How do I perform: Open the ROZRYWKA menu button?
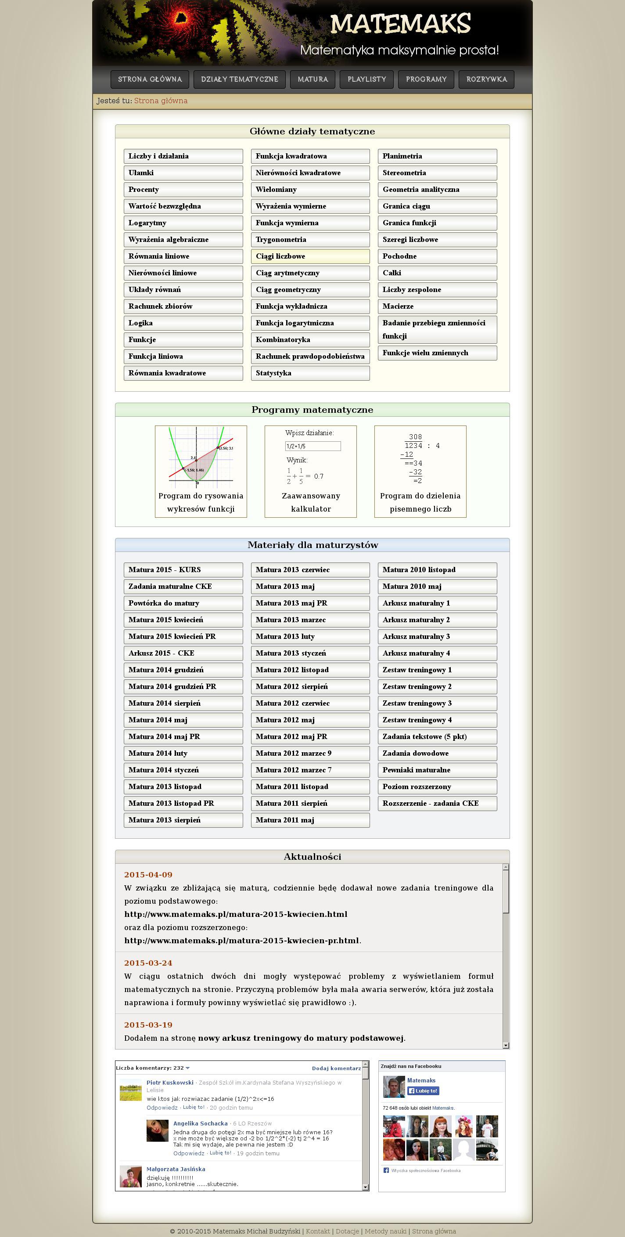pyautogui.click(x=486, y=79)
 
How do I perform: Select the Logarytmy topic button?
pyautogui.click(x=183, y=223)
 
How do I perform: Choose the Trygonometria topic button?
pyautogui.click(x=310, y=240)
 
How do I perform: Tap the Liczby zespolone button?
pyautogui.click(x=437, y=289)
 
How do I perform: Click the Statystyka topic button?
pyautogui.click(x=310, y=373)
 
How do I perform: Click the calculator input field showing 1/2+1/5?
pyautogui.click(x=312, y=446)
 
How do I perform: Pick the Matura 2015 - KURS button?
pyautogui.click(x=183, y=570)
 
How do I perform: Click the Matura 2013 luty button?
pyautogui.click(x=310, y=636)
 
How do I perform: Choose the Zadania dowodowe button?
pyautogui.click(x=437, y=753)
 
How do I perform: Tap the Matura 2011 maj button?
pyautogui.click(x=310, y=820)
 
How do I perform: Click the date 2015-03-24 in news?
pyautogui.click(x=148, y=963)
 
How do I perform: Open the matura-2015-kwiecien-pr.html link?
pyautogui.click(x=241, y=940)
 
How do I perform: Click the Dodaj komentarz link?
pyautogui.click(x=336, y=1068)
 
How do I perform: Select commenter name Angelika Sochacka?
pyautogui.click(x=200, y=1123)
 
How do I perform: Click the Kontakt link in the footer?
pyautogui.click(x=318, y=1231)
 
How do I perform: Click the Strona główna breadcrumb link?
pyautogui.click(x=161, y=101)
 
